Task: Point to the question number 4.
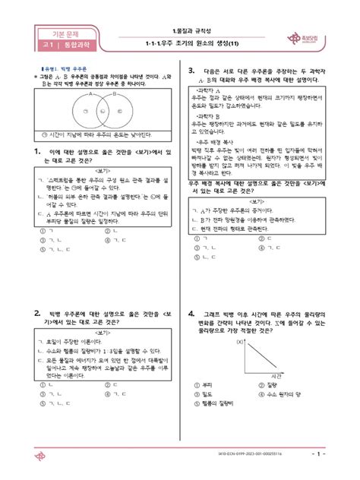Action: coord(192,312)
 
